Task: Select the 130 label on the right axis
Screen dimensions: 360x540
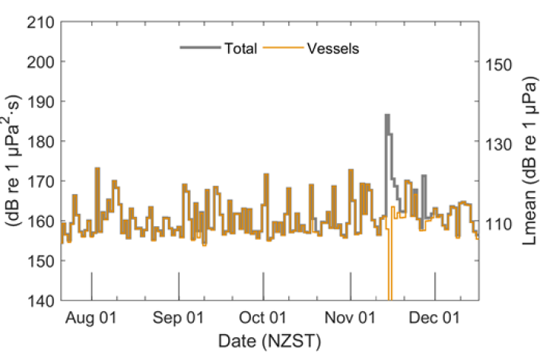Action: click(x=500, y=143)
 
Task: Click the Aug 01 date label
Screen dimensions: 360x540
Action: click(x=91, y=318)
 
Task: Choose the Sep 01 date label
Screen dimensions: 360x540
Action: click(x=178, y=318)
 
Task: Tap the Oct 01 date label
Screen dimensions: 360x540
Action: click(x=262, y=318)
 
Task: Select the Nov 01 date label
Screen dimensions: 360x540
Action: click(x=350, y=318)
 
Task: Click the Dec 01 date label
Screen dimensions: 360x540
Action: click(x=434, y=318)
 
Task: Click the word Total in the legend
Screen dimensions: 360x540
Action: click(x=240, y=49)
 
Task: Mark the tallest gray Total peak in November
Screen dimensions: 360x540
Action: click(x=387, y=116)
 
